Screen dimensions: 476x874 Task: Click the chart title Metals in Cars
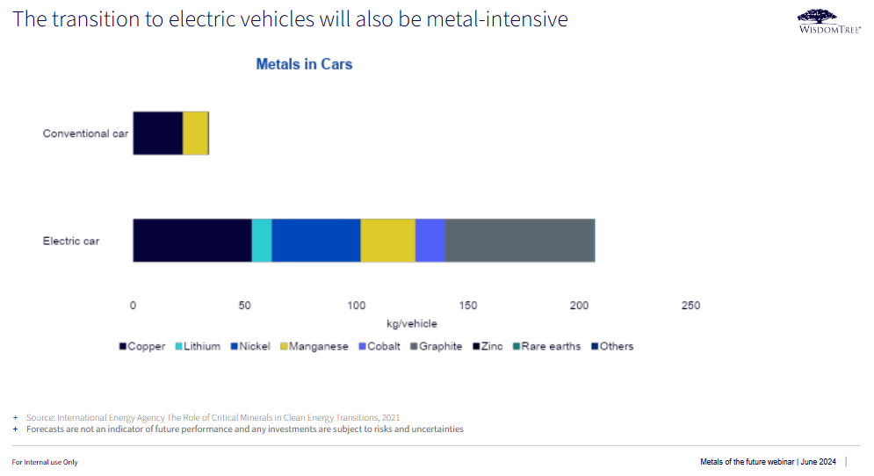click(x=304, y=64)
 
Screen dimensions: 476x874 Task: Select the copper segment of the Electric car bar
click(x=191, y=240)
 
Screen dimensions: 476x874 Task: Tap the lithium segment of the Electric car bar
click(x=262, y=240)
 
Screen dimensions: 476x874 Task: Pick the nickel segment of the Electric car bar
click(x=316, y=240)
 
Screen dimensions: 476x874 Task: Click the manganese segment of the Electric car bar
click(x=387, y=240)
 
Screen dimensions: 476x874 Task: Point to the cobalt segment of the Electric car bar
click(x=430, y=240)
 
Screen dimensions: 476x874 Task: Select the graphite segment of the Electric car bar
click(x=520, y=240)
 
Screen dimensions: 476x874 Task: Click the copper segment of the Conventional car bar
click(x=157, y=133)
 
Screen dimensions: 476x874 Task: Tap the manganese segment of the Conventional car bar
click(x=195, y=133)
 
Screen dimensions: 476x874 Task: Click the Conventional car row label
click(x=86, y=133)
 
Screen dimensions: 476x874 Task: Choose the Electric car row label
click(x=71, y=241)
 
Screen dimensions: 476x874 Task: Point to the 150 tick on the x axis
click(x=468, y=306)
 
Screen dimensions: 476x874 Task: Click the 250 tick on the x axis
click(x=691, y=306)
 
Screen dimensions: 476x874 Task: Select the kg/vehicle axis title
click(x=411, y=324)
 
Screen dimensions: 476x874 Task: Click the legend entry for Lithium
click(x=197, y=346)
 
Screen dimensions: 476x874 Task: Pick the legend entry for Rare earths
click(x=546, y=346)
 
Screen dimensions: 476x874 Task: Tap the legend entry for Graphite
click(x=435, y=346)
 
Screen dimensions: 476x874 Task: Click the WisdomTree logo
click(x=828, y=21)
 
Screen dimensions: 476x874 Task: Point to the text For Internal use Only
click(x=45, y=462)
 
